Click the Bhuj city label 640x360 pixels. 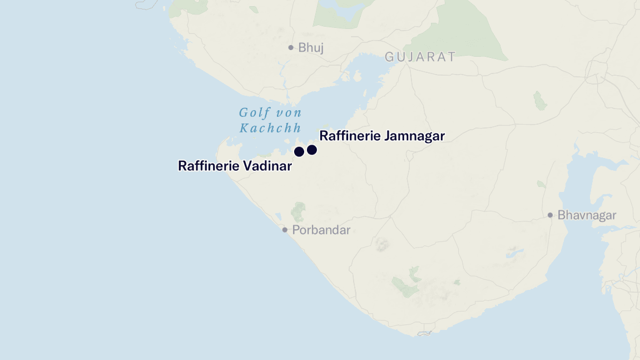[x=311, y=48]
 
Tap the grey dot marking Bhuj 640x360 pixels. [x=291, y=48]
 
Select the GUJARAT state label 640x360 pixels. [x=420, y=57]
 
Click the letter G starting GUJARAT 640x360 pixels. [x=389, y=57]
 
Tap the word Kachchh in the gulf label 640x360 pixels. [x=270, y=128]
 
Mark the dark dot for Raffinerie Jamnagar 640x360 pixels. [x=312, y=150]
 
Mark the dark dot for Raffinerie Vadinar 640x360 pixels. [x=299, y=151]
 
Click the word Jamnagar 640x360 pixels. [x=412, y=136]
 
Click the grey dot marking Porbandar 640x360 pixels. [x=285, y=230]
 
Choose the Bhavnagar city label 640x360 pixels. [x=587, y=215]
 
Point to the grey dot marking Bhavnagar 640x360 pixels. [x=550, y=215]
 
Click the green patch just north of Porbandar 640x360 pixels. [x=299, y=211]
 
